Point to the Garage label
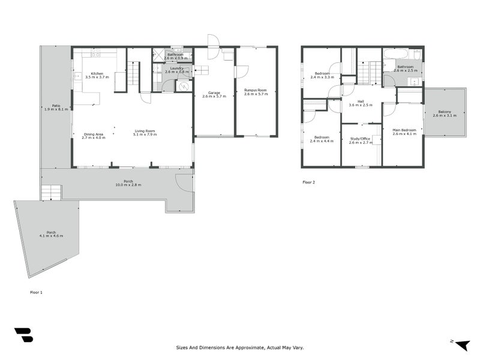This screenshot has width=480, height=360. pyautogui.click(x=214, y=93)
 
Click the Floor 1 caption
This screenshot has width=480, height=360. pyautogui.click(x=36, y=292)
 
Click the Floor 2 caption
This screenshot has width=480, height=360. pyautogui.click(x=308, y=182)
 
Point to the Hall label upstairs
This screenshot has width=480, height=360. pyautogui.click(x=361, y=102)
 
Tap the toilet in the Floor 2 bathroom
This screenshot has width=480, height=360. pyautogui.click(x=417, y=55)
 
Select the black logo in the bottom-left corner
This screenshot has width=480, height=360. pyautogui.click(x=23, y=335)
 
